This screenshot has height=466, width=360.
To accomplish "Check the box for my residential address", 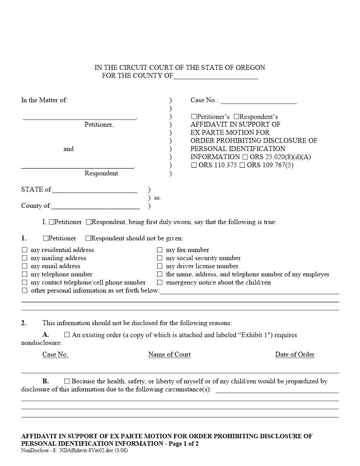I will point(25,250).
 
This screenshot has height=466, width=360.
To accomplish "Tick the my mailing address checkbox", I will point(25,258).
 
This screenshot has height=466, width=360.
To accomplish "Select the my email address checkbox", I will point(25,266).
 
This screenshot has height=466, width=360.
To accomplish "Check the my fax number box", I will point(160,250).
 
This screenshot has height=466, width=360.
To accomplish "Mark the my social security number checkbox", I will point(160,258).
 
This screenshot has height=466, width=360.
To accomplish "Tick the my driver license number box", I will point(160,266).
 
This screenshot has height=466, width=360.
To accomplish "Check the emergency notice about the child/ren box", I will point(160,282).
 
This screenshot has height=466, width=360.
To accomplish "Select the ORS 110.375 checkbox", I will point(194,165).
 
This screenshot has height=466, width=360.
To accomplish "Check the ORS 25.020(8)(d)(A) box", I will point(245,157).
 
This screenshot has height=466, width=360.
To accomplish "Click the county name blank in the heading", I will point(215,76).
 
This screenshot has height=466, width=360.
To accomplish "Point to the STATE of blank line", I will point(94,190).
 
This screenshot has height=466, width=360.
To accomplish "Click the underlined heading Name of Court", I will point(169,354).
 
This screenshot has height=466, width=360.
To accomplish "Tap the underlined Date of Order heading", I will point(295,354).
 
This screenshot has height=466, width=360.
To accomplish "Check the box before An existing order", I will point(67,335).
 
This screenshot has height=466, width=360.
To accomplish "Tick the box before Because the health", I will point(67,381).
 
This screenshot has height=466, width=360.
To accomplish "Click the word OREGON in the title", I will point(251,68).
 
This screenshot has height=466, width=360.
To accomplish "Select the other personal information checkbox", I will point(25,290).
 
